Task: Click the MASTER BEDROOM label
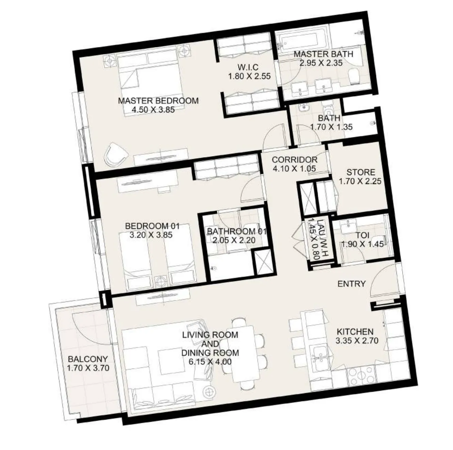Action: pyautogui.click(x=158, y=101)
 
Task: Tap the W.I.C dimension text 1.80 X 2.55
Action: pyautogui.click(x=249, y=76)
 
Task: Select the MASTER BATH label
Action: pyautogui.click(x=323, y=54)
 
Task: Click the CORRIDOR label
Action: pyautogui.click(x=295, y=160)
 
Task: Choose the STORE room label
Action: pyautogui.click(x=361, y=172)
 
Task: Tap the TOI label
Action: pyautogui.click(x=362, y=235)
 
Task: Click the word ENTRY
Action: pyautogui.click(x=352, y=284)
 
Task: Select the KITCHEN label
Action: pyautogui.click(x=355, y=331)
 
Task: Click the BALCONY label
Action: pyautogui.click(x=88, y=359)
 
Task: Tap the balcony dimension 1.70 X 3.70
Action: pyautogui.click(x=88, y=368)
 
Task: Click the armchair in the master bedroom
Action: pyautogui.click(x=116, y=154)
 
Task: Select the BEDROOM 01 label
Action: pyautogui.click(x=152, y=226)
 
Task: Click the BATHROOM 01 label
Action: pyautogui.click(x=236, y=231)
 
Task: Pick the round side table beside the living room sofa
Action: pyautogui.click(x=208, y=392)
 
